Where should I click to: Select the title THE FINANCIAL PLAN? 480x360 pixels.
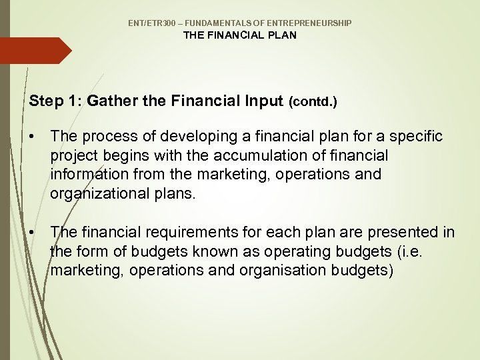tap(240, 35)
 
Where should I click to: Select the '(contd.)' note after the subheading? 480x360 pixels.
tap(313, 103)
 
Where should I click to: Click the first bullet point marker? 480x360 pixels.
tap(32, 137)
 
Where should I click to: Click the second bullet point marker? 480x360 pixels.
tap(32, 232)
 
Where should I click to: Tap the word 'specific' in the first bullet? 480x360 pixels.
tap(417, 137)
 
